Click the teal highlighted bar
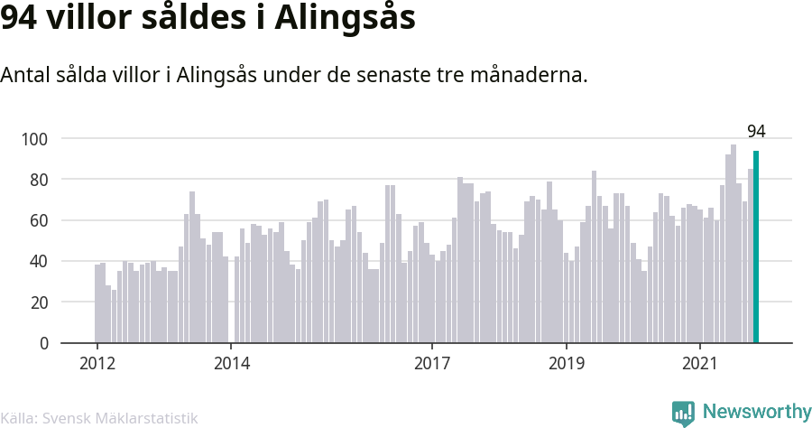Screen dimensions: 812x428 (x=756, y=247)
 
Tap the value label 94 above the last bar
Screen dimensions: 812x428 (x=756, y=132)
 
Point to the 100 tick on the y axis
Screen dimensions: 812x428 (x=34, y=139)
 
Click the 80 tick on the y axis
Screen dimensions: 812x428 (x=39, y=180)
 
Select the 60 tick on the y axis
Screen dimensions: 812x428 (x=39, y=220)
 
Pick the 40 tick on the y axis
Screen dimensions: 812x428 (x=39, y=261)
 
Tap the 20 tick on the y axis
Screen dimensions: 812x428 (x=39, y=302)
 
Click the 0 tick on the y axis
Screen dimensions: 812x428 (x=43, y=343)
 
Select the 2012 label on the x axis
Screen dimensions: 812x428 (x=97, y=363)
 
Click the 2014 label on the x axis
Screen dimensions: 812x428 (x=232, y=363)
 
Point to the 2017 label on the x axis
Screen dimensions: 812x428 (x=432, y=363)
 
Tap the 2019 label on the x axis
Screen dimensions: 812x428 (x=567, y=363)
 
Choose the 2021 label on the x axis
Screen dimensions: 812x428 (x=700, y=363)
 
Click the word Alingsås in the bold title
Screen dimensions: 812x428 (x=345, y=18)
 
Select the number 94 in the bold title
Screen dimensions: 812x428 (x=18, y=18)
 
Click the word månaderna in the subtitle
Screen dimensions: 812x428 (x=529, y=75)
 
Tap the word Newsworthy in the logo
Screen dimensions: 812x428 (x=757, y=412)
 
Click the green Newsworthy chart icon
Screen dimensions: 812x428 (x=683, y=414)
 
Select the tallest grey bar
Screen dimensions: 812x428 (x=734, y=244)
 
